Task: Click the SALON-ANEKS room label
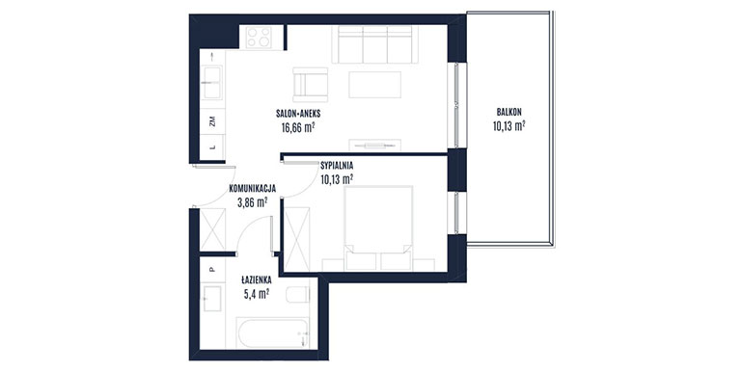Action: coord(298,114)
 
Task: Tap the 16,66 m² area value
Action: coord(298,127)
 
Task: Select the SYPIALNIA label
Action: coord(337,166)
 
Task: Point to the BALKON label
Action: coord(509,113)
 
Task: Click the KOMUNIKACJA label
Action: coord(252,188)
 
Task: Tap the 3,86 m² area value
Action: coord(252,202)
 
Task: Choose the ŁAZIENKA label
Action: coord(256,280)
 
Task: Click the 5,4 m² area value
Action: coord(257,294)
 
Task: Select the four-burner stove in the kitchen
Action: coord(260,38)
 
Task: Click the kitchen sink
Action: coord(212,83)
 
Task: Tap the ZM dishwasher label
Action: coord(212,121)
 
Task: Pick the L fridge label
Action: coord(212,147)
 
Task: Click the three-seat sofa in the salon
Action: coord(375,44)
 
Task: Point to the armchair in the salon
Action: coord(311,85)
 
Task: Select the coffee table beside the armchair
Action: coord(374,85)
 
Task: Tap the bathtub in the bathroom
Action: coord(273,332)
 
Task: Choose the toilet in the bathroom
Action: coord(298,294)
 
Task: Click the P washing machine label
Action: coord(212,269)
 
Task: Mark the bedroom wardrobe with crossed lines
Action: coord(296,239)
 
